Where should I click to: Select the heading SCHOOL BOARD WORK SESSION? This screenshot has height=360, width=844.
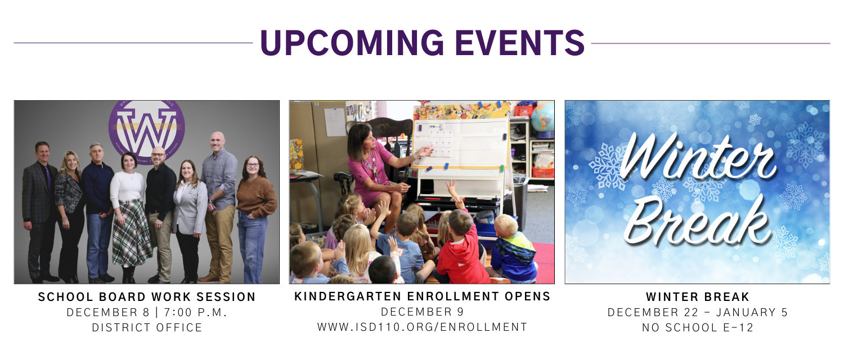[147, 297]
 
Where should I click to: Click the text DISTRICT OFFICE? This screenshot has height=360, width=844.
[147, 328]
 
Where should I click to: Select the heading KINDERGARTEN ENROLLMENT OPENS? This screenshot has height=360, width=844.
[422, 296]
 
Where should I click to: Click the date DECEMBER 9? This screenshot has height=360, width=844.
[422, 312]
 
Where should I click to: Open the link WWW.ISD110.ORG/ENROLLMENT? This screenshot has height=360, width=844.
[422, 327]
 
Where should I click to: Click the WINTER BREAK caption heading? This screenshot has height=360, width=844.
[698, 297]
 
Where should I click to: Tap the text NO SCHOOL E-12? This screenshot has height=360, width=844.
[698, 328]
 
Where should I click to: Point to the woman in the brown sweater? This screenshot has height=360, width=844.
[254, 214]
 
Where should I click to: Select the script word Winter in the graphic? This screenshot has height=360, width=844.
[698, 157]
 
